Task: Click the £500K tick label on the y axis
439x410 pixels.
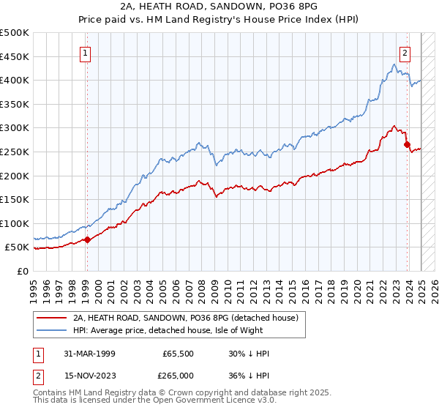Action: (15, 33)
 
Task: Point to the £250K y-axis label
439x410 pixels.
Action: (15, 152)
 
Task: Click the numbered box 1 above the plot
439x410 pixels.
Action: (86, 53)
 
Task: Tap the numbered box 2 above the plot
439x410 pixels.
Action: (405, 53)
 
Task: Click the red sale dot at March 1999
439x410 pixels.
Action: (87, 239)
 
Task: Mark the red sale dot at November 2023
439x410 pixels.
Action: (407, 145)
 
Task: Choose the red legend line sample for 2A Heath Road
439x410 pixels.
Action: (52, 318)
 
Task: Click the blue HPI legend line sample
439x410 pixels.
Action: (52, 330)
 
